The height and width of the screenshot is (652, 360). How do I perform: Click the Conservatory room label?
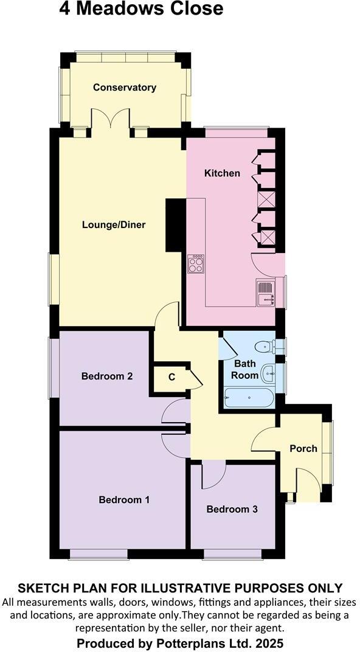click(x=125, y=88)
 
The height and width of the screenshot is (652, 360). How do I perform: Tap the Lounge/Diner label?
click(x=114, y=225)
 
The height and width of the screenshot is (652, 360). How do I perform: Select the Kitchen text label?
click(x=222, y=173)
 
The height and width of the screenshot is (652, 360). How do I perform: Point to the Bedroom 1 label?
click(x=124, y=500)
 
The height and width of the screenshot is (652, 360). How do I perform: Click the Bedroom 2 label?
click(x=107, y=376)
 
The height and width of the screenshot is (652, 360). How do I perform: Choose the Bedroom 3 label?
click(x=232, y=509)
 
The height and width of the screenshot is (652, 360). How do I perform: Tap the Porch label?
click(x=303, y=449)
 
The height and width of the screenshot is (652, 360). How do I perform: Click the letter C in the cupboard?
click(x=171, y=377)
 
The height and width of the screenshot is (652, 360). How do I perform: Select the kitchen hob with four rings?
click(x=196, y=265)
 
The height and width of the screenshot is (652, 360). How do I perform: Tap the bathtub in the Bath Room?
click(x=249, y=398)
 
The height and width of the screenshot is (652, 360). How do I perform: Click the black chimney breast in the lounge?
click(x=175, y=225)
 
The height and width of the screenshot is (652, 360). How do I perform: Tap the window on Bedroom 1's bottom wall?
click(x=98, y=553)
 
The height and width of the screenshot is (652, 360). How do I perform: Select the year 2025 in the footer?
click(x=268, y=643)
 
